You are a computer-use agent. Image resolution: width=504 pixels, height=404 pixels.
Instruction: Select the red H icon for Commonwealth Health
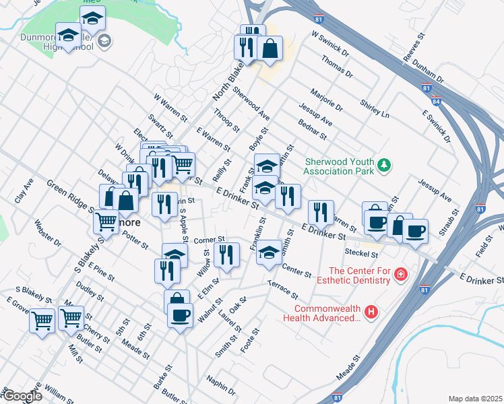click(x=370, y=311)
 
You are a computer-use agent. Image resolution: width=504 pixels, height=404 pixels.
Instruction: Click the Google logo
click(x=22, y=397)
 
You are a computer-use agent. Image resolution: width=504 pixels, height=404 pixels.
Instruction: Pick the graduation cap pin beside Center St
click(x=270, y=252)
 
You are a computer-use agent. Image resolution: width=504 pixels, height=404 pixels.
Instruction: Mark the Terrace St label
click(x=283, y=291)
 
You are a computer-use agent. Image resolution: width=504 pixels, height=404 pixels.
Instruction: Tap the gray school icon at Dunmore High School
click(x=104, y=42)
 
